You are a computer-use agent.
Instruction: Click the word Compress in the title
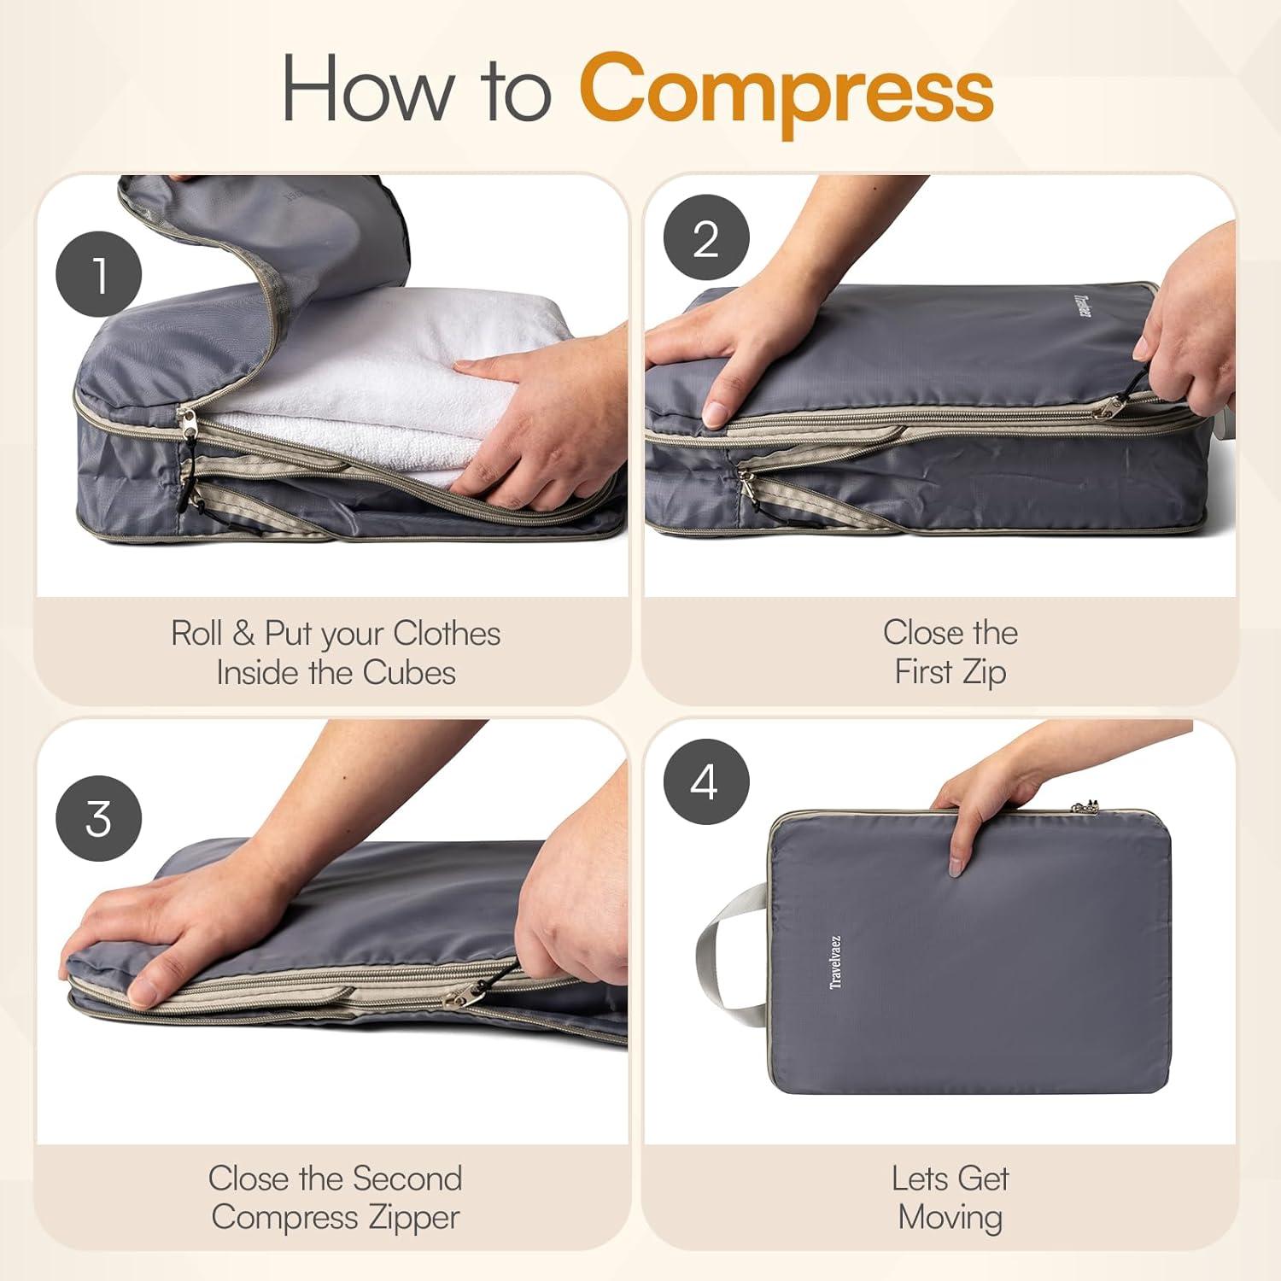(x=787, y=90)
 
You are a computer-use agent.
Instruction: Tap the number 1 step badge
(x=98, y=274)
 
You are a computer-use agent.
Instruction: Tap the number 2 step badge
(x=706, y=237)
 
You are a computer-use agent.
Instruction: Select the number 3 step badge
(x=98, y=818)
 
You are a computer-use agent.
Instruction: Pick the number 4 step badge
(x=705, y=781)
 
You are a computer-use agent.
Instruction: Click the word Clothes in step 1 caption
(x=446, y=634)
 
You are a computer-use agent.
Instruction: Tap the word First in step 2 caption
(x=923, y=672)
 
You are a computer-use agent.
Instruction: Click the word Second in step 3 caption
(x=407, y=1179)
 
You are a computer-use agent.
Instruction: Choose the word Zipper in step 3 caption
(x=412, y=1218)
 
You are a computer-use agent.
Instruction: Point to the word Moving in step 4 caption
(x=950, y=1217)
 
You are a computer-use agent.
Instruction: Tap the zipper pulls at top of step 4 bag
(x=1085, y=806)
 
